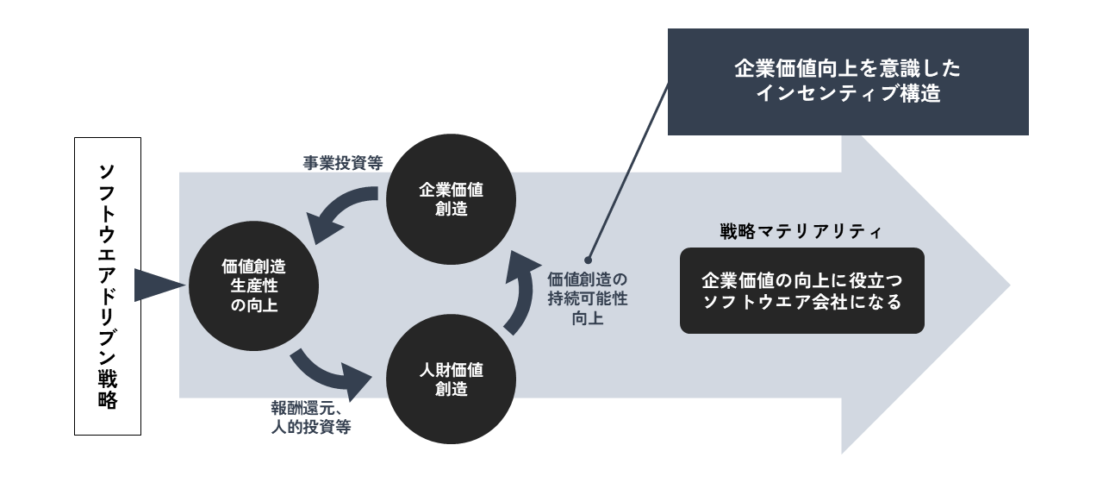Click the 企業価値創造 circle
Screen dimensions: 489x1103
(451, 199)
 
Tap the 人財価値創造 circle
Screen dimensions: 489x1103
(451, 379)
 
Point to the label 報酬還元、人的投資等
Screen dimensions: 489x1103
(310, 417)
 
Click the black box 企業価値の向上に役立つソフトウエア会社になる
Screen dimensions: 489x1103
(801, 291)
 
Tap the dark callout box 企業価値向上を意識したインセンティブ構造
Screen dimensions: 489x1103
(848, 82)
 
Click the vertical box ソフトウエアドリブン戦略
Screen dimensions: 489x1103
(108, 285)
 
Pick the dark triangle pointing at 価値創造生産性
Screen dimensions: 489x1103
(158, 285)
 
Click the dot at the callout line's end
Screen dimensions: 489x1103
(589, 257)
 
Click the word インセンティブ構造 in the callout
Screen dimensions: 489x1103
(847, 94)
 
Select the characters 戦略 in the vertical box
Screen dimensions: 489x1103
(108, 389)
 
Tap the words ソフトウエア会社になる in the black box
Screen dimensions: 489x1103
(801, 303)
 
